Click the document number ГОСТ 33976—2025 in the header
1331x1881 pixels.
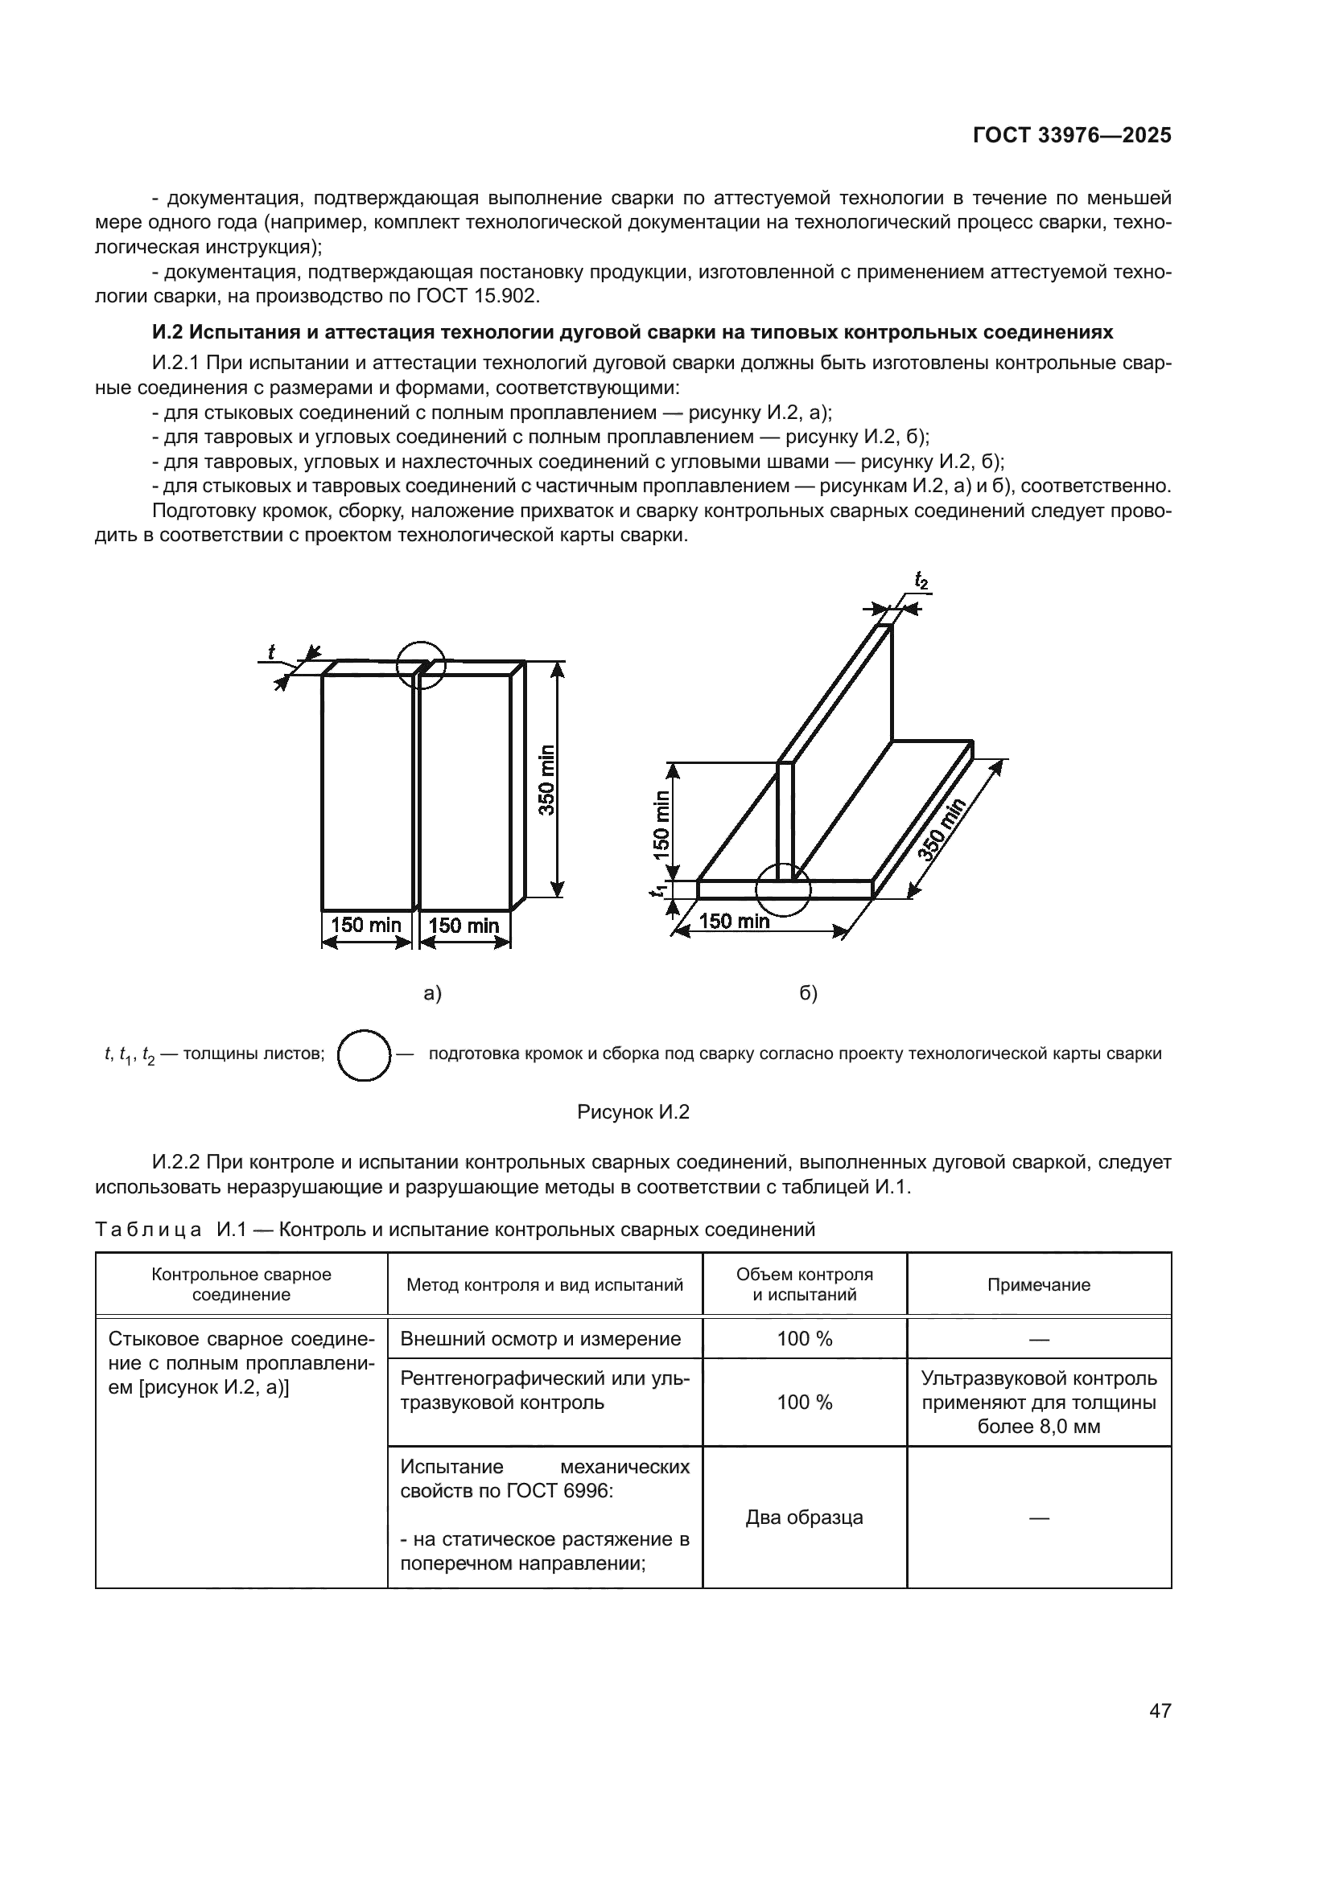tap(1071, 136)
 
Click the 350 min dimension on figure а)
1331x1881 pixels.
tap(546, 779)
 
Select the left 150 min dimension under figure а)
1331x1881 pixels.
tap(365, 925)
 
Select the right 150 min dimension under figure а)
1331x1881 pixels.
tap(464, 926)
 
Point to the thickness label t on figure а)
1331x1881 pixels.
tap(271, 652)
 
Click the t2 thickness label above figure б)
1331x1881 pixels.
tap(921, 581)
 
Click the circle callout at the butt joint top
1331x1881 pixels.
tap(420, 663)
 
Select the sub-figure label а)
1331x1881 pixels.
tap(432, 994)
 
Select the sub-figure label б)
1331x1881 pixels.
tap(808, 994)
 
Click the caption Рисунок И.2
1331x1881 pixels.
tap(633, 1111)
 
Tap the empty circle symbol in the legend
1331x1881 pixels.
tap(364, 1055)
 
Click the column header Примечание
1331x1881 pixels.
tap(1038, 1284)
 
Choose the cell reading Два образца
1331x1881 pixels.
tap(804, 1518)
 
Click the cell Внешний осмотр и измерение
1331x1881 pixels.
tap(540, 1339)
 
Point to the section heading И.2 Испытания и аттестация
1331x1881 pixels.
tap(633, 332)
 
